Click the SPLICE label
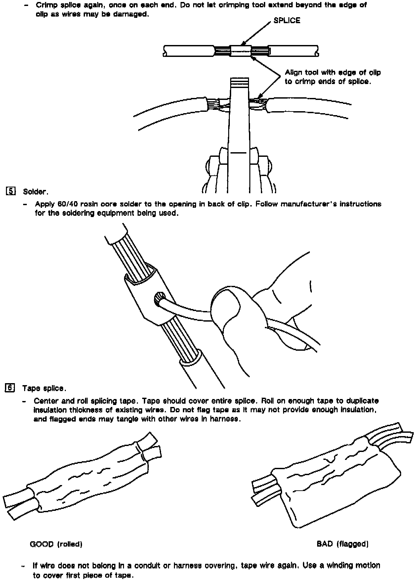[287, 21]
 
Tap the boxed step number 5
[11, 191]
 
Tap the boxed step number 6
[10, 388]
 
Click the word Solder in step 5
[35, 192]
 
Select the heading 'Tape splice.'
[44, 388]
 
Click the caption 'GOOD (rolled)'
[56, 544]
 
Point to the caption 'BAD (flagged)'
[342, 544]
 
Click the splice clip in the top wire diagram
[241, 51]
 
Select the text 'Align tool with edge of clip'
[333, 72]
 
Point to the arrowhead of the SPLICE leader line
[242, 44]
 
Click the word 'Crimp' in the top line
[46, 5]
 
